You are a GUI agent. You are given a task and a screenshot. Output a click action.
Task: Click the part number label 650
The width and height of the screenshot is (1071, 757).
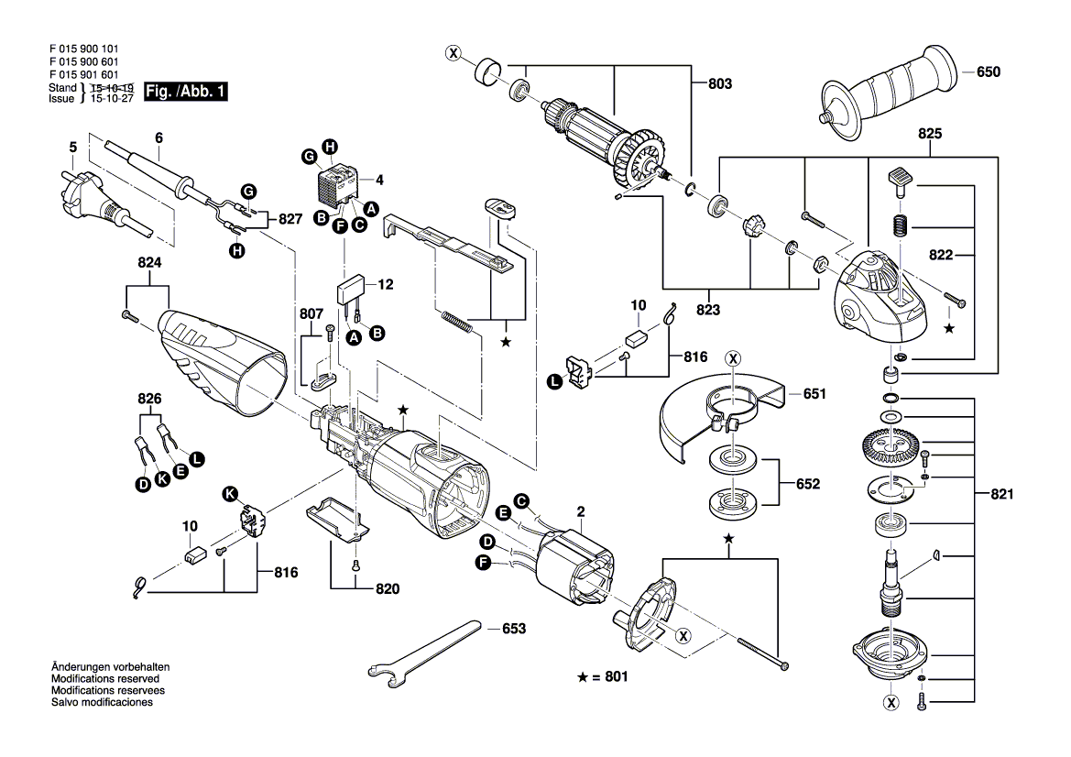[989, 71]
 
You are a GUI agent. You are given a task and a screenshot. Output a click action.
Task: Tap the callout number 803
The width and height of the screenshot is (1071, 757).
[720, 83]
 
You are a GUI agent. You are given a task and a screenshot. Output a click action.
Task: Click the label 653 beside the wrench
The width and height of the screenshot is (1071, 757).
[515, 629]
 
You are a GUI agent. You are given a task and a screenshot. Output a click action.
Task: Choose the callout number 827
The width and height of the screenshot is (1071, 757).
[290, 220]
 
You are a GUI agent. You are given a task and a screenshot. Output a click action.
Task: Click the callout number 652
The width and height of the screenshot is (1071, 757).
[807, 483]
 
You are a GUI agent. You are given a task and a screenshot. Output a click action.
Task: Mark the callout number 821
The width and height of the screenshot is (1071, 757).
[1002, 495]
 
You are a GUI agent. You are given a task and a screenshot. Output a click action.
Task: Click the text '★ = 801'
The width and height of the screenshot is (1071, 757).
[605, 677]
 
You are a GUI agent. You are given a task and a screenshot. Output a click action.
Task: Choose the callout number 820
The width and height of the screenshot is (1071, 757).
[388, 589]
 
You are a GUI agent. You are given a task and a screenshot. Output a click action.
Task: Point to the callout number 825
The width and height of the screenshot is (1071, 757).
[930, 134]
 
